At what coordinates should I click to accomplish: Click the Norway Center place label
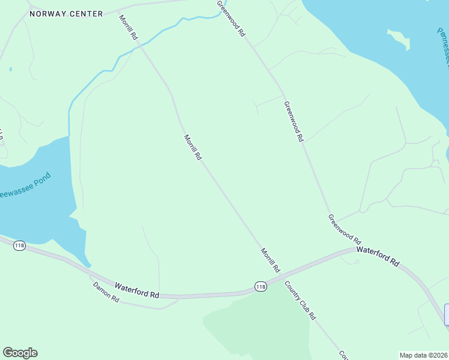[x=66, y=13]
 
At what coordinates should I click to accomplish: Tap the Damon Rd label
[x=106, y=292]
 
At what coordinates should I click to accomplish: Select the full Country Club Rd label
[x=300, y=300]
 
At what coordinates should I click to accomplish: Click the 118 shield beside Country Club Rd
[x=260, y=287]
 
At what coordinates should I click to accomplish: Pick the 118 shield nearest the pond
[x=20, y=246]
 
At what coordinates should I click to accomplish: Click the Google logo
[x=20, y=353]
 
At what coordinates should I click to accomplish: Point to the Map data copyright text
[x=423, y=355]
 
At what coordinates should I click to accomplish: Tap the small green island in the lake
[x=400, y=39]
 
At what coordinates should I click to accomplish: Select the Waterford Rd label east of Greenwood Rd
[x=378, y=255]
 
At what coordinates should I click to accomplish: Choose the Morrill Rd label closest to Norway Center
[x=128, y=28]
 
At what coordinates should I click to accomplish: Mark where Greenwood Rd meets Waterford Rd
[x=353, y=249]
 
